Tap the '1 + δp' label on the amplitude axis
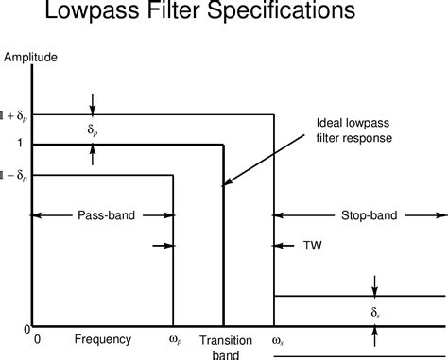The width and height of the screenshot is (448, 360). [x=14, y=115]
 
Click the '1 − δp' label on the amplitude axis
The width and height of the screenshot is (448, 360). [x=14, y=175]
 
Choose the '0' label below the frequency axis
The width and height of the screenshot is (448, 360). [x=37, y=339]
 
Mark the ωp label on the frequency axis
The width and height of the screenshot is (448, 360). [x=172, y=339]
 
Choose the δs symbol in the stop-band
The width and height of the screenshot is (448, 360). [x=375, y=311]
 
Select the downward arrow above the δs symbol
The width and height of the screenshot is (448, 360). [x=375, y=285]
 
